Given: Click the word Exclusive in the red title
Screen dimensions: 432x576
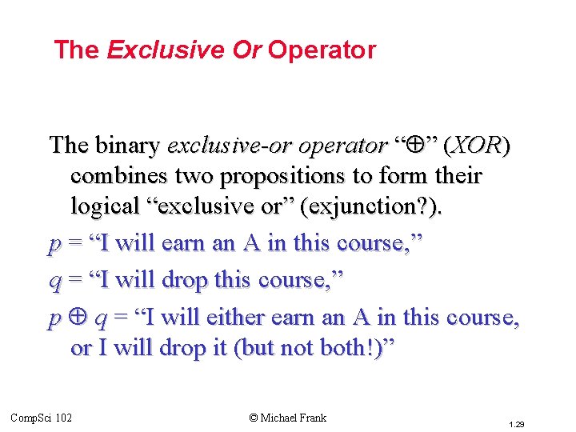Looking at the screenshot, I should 166,50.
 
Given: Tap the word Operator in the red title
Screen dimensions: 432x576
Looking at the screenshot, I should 322,50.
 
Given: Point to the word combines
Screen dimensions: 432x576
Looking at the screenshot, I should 119,175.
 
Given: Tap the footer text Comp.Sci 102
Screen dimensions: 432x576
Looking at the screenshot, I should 41,418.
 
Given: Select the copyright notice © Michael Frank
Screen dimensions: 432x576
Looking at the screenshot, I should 288,418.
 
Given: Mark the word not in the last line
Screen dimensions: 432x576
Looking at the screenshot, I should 300,349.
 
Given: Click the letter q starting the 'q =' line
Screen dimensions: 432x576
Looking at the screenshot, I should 54,281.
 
